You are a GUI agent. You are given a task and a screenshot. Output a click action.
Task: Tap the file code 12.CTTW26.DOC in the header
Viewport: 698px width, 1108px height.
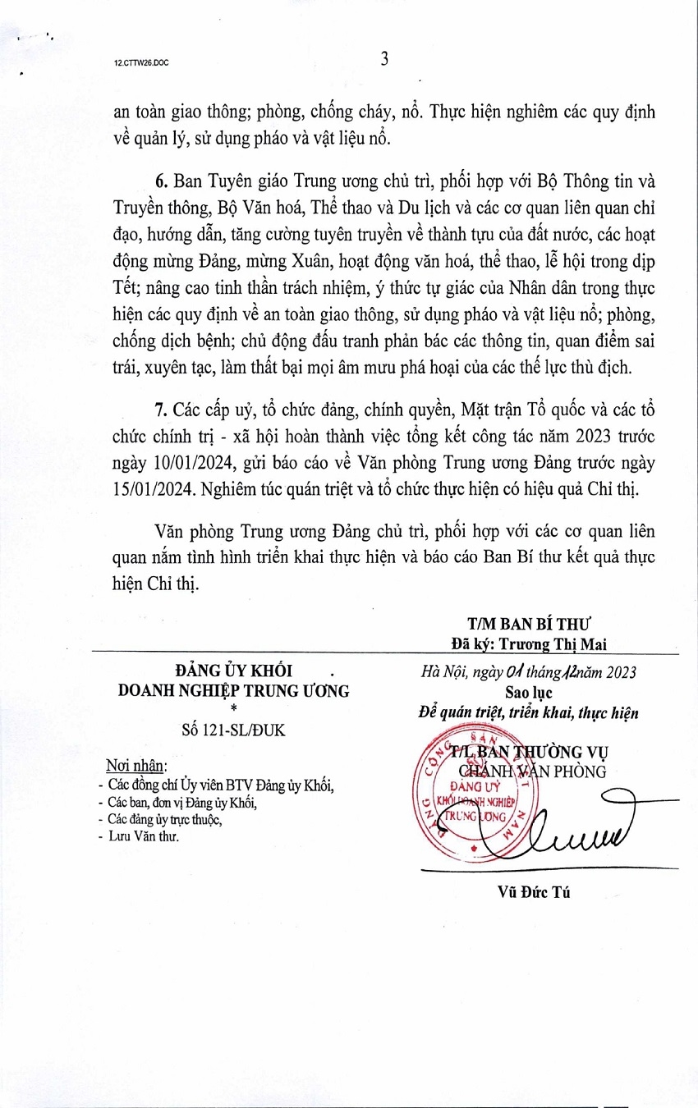click(x=142, y=62)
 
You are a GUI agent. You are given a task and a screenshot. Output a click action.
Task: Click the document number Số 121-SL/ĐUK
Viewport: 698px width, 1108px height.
click(x=233, y=730)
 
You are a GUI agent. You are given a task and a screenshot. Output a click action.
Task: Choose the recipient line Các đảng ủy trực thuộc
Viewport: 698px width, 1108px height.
click(x=164, y=818)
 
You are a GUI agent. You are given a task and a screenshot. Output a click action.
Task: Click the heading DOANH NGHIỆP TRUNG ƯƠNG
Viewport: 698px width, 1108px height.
click(x=233, y=690)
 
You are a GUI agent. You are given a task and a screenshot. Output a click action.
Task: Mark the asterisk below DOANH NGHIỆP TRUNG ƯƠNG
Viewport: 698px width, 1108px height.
click(x=234, y=708)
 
